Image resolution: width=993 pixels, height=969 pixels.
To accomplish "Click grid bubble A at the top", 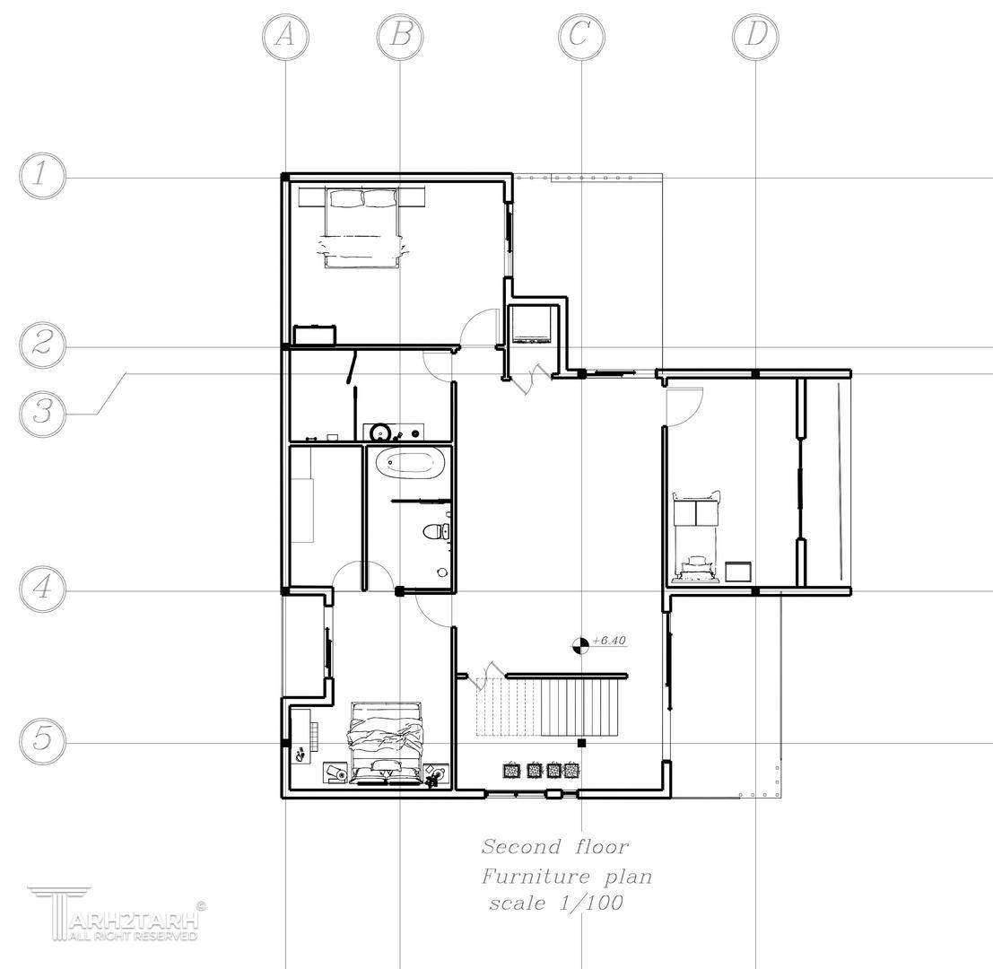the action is pyautogui.click(x=285, y=37).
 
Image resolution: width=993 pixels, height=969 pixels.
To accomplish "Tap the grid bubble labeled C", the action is pyautogui.click(x=581, y=37).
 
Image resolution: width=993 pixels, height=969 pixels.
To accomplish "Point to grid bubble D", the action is pyautogui.click(x=755, y=37).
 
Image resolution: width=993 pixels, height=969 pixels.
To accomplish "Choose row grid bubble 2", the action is pyautogui.click(x=42, y=345).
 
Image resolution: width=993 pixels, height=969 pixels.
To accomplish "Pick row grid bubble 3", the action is pyautogui.click(x=42, y=414).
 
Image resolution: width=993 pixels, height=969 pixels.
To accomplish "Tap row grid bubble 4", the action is pyautogui.click(x=42, y=589).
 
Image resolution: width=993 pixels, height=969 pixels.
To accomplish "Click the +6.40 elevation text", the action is pyautogui.click(x=609, y=641).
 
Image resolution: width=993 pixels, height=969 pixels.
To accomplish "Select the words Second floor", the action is pyautogui.click(x=554, y=847).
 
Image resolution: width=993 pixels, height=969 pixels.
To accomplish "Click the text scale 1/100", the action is pyautogui.click(x=556, y=903).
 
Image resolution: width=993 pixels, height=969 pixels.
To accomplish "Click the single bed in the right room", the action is pyautogui.click(x=696, y=536).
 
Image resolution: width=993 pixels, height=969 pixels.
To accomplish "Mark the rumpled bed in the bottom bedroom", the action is pyautogui.click(x=385, y=743).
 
